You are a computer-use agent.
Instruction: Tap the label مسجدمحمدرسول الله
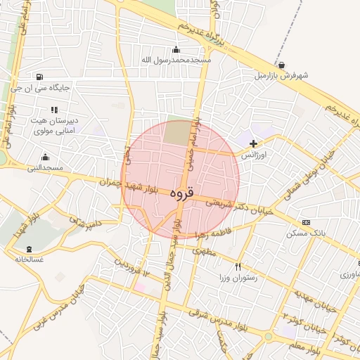[176, 60]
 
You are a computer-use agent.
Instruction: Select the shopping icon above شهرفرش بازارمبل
[281, 65]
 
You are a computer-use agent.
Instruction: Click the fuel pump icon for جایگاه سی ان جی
[37, 77]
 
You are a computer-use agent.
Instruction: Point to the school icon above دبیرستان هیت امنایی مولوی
[53, 110]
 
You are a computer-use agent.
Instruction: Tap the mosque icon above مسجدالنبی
[46, 157]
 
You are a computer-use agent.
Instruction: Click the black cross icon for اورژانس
[253, 143]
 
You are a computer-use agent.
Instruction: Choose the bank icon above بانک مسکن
[305, 222]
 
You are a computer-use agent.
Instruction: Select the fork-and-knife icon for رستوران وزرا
[238, 266]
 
